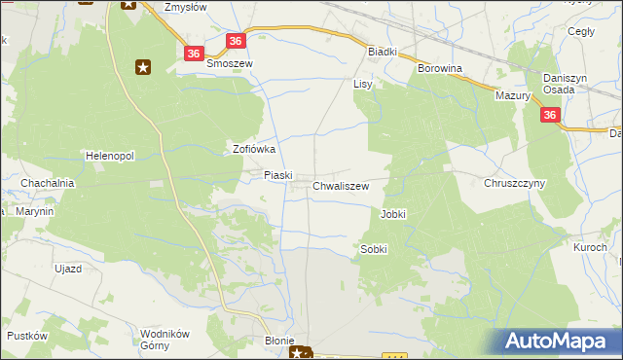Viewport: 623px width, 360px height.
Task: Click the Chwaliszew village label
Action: click(x=341, y=185)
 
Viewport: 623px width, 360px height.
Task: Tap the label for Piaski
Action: click(x=278, y=175)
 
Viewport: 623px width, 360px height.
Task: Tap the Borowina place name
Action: click(x=439, y=69)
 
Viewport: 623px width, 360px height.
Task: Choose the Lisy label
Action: click(x=363, y=85)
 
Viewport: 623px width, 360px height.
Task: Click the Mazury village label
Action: click(x=512, y=96)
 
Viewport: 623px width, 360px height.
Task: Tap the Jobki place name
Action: click(x=393, y=214)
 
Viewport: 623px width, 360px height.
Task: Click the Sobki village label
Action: click(x=374, y=249)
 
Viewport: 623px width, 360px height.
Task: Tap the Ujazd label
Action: click(x=67, y=268)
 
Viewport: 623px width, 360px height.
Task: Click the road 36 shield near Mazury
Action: click(x=551, y=116)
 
